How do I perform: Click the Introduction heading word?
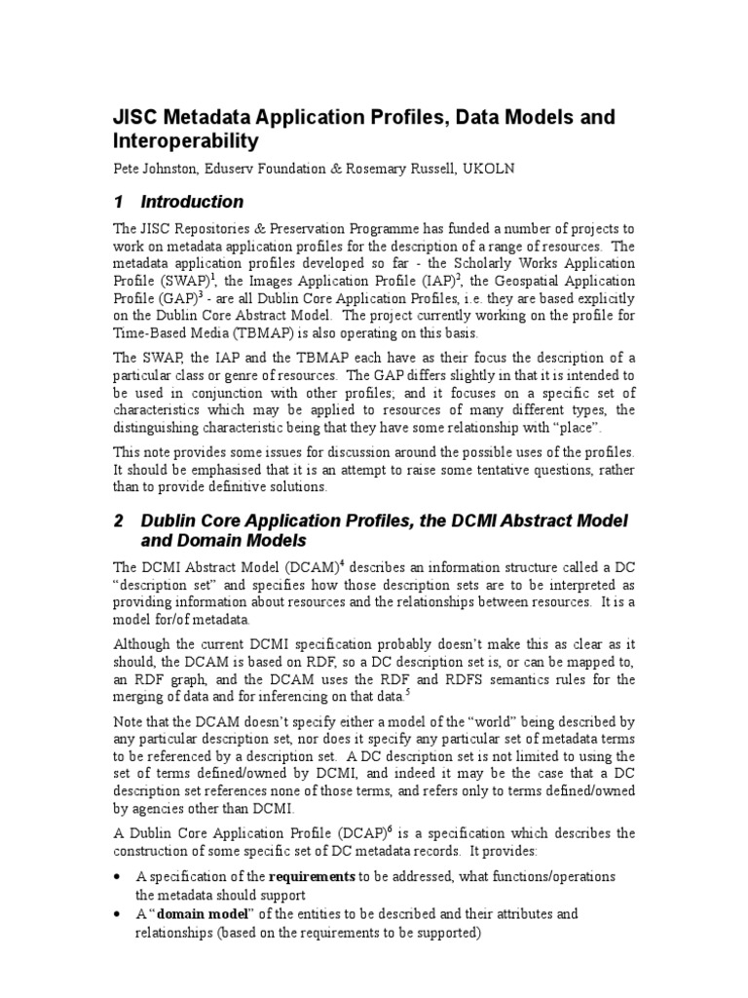coord(192,203)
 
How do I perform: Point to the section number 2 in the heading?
coord(119,521)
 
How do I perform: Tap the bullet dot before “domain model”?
coord(119,915)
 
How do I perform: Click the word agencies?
coord(154,809)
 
